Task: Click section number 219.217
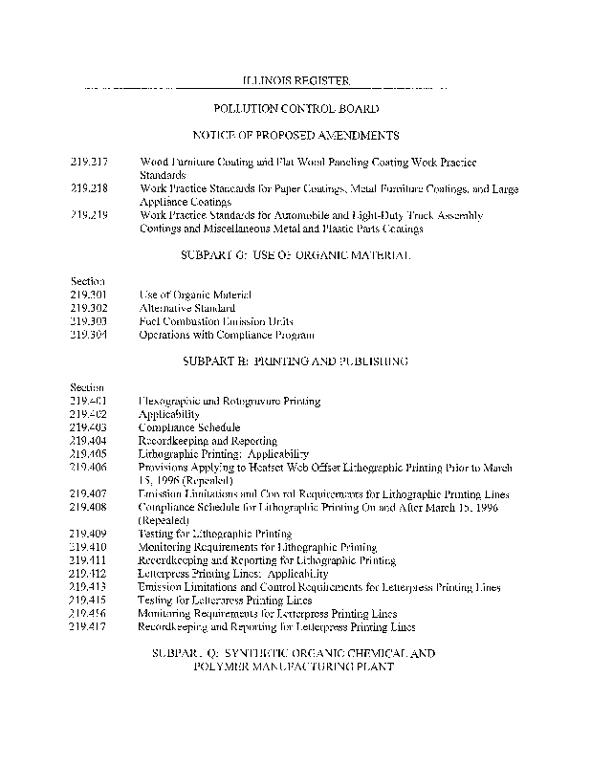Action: pyautogui.click(x=88, y=164)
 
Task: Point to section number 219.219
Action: pyautogui.click(x=88, y=216)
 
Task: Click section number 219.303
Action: pyautogui.click(x=88, y=322)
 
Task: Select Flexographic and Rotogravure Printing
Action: pyautogui.click(x=230, y=402)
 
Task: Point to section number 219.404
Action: pyautogui.click(x=88, y=441)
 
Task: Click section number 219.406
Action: pyautogui.click(x=88, y=468)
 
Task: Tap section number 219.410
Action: pyautogui.click(x=88, y=547)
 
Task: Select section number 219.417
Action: pyautogui.click(x=88, y=626)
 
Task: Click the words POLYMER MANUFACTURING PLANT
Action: pyautogui.click(x=295, y=667)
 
